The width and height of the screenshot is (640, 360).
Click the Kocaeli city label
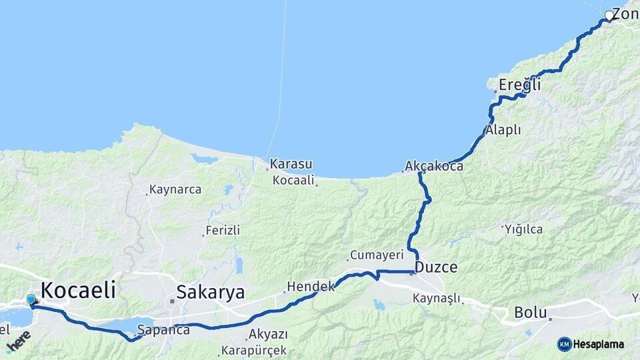pyautogui.click(x=78, y=290)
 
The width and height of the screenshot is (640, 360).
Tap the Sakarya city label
pyautogui.click(x=211, y=293)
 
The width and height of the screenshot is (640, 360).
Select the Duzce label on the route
pyautogui.click(x=436, y=268)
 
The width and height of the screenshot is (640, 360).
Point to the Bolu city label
pyautogui.click(x=531, y=312)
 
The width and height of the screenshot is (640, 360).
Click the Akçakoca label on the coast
pyautogui.click(x=434, y=167)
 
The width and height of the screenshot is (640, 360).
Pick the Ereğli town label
pyautogui.click(x=519, y=85)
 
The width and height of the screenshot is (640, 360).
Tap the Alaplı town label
pyautogui.click(x=503, y=130)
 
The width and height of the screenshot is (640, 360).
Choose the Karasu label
pyautogui.click(x=291, y=164)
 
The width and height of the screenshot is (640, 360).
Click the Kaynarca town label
pyautogui.click(x=175, y=190)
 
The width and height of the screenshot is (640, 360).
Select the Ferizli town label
pyautogui.click(x=223, y=230)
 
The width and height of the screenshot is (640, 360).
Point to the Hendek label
pyautogui.click(x=310, y=287)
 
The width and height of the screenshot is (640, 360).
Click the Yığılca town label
pyautogui.click(x=523, y=229)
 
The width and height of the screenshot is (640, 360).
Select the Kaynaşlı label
pyautogui.click(x=437, y=298)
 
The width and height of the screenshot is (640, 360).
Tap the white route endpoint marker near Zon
pyautogui.click(x=609, y=15)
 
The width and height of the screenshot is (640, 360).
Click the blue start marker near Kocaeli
pyautogui.click(x=31, y=299)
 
